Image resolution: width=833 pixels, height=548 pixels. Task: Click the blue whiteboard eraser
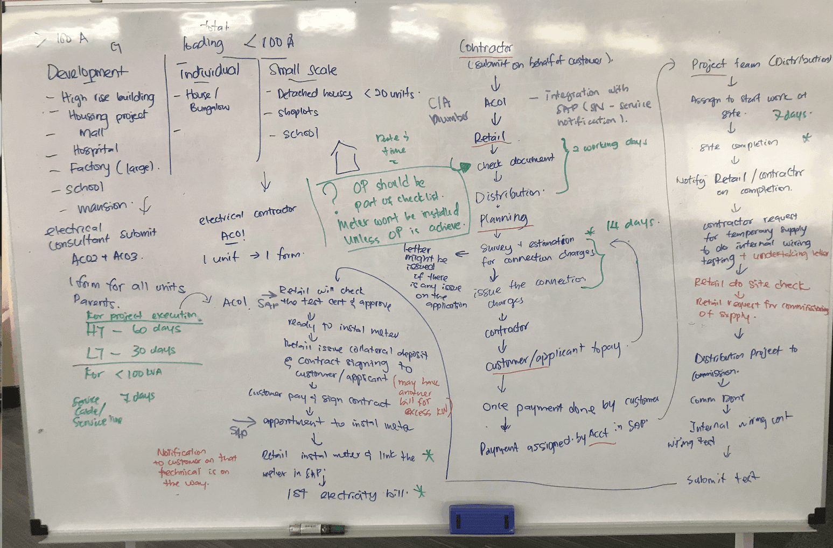tap(481, 519)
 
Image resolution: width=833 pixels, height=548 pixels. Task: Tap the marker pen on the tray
tap(317, 529)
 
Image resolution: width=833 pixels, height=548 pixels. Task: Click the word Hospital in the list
tap(95, 150)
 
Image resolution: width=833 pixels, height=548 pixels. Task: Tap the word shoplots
tap(298, 112)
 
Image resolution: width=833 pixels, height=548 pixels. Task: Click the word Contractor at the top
tap(486, 47)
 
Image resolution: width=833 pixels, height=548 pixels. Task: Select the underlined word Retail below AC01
tap(489, 138)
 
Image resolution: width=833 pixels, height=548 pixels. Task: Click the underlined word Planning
tap(503, 218)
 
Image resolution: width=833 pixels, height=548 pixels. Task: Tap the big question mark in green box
tap(328, 191)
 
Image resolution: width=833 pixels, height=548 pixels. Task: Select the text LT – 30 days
tap(131, 352)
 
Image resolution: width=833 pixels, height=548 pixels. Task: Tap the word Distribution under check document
tap(509, 195)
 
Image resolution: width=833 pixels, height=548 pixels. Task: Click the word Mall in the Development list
tap(92, 132)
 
